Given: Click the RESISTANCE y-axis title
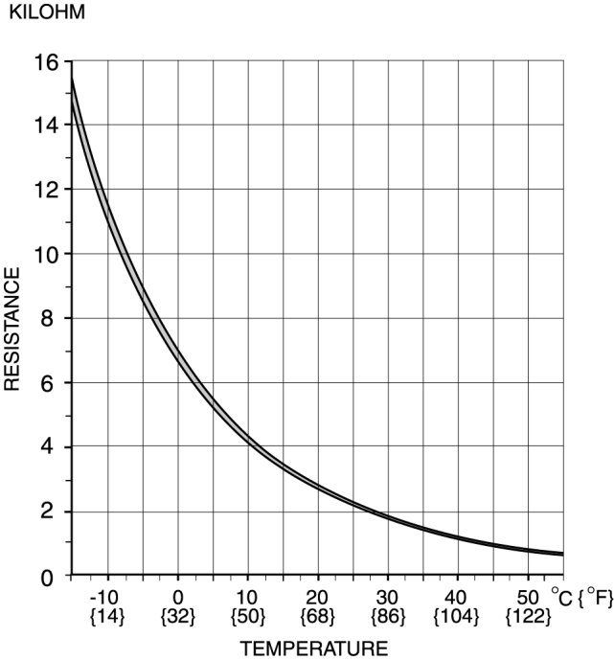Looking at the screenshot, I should [x=12, y=329].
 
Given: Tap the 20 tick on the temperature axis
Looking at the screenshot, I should [x=317, y=597].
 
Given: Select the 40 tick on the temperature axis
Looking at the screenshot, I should [x=457, y=597].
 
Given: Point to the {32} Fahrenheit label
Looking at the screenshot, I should [x=177, y=616].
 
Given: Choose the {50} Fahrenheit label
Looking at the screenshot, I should [x=247, y=616].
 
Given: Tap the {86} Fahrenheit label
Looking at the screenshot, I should [x=387, y=616].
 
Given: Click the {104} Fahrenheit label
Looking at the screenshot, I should [x=457, y=616].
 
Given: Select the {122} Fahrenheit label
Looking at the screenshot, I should [x=527, y=616].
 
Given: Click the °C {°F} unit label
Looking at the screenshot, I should [x=580, y=599].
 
